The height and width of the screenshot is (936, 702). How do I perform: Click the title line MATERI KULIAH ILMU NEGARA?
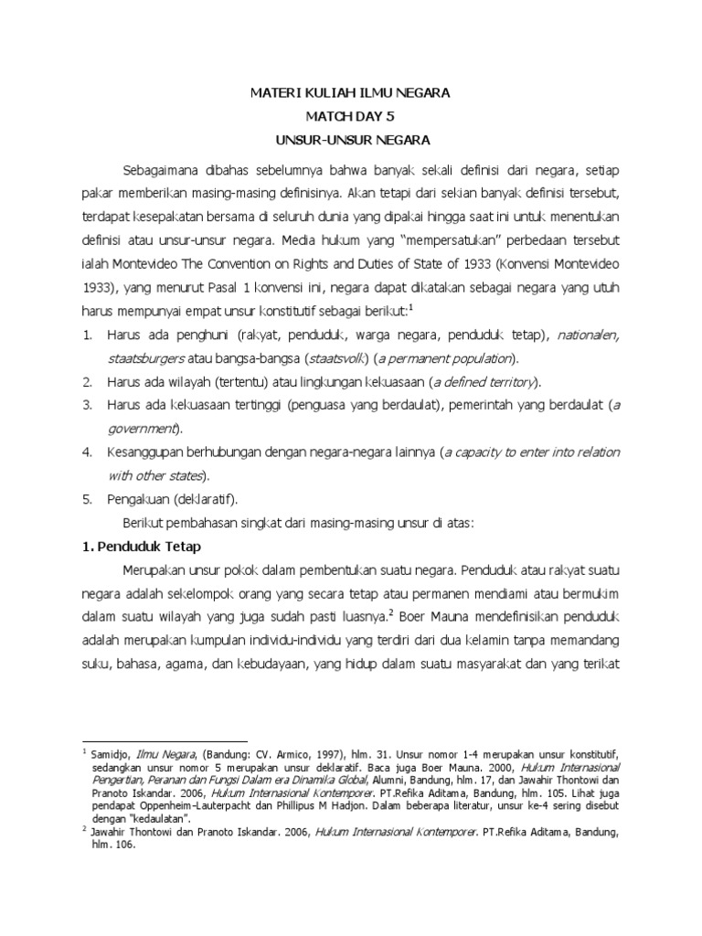click(x=350, y=93)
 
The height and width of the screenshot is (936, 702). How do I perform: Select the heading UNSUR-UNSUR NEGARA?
click(x=350, y=141)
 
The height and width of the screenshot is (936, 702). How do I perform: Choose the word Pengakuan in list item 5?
click(x=137, y=500)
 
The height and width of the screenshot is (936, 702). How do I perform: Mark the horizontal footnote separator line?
click(x=165, y=740)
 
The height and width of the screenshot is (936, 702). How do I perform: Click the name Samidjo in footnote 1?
click(x=110, y=755)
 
